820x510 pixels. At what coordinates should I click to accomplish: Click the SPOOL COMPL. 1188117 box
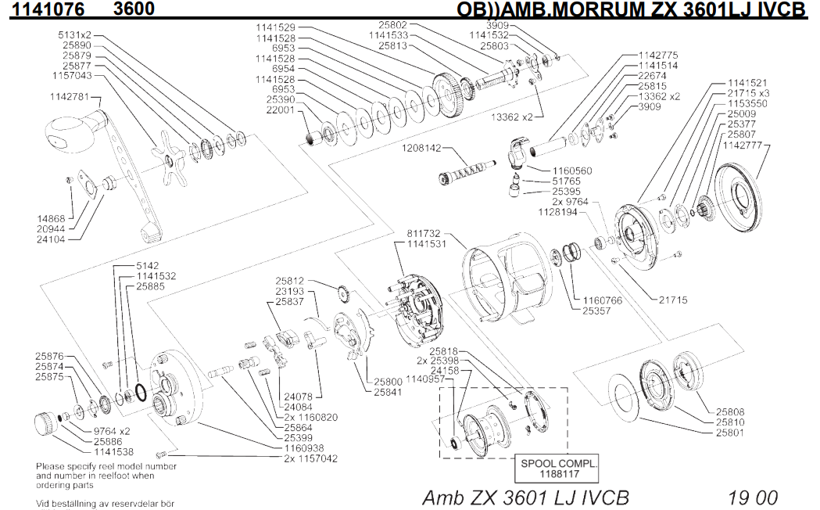[x=558, y=468]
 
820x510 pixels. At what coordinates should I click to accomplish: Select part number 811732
[x=425, y=233]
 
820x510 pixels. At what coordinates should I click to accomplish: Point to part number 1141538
[x=113, y=452]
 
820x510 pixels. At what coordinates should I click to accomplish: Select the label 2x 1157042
[x=310, y=459]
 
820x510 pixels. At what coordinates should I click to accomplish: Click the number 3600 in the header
[x=133, y=9]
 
